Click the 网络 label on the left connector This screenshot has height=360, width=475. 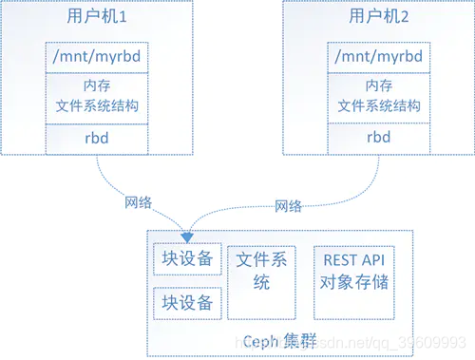tap(138, 202)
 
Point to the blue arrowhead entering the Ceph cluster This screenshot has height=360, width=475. tap(188, 235)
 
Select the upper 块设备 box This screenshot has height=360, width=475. tap(187, 259)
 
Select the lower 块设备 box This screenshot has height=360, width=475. tap(187, 303)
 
